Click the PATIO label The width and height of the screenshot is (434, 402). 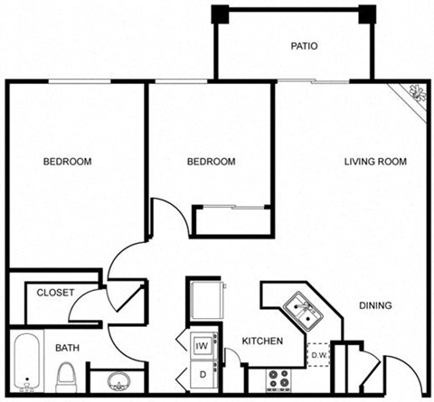pyautogui.click(x=304, y=46)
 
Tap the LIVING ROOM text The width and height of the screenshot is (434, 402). pyautogui.click(x=375, y=162)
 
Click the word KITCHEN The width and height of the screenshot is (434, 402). pyautogui.click(x=263, y=341)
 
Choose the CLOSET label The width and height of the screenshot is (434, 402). pyautogui.click(x=55, y=293)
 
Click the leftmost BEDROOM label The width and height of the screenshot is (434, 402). pyautogui.click(x=67, y=162)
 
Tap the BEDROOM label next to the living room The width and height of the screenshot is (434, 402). pyautogui.click(x=211, y=162)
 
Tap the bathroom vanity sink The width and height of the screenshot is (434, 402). pyautogui.click(x=117, y=379)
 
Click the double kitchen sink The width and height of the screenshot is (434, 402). pyautogui.click(x=301, y=310)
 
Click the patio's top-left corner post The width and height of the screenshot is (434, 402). pyautogui.click(x=220, y=14)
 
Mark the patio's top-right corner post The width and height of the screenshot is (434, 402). pyautogui.click(x=366, y=14)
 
